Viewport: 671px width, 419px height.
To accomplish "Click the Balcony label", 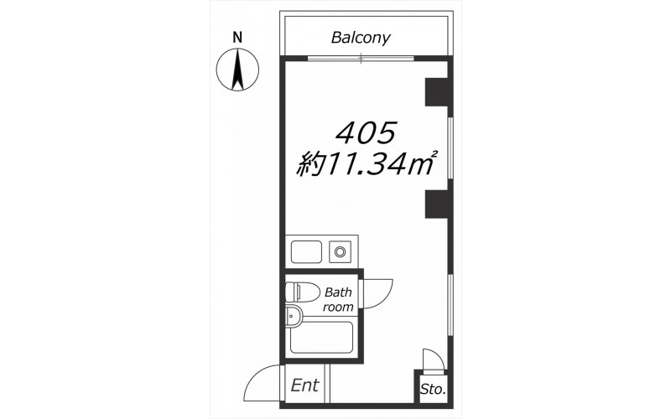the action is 361,38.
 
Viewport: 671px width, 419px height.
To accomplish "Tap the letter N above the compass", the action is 237,38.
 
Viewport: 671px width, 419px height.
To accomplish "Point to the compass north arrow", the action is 237,70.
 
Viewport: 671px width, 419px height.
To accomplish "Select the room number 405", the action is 365,132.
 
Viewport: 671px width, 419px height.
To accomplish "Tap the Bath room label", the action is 338,299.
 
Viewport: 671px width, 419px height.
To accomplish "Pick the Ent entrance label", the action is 304,385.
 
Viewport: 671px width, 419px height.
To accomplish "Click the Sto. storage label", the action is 433,390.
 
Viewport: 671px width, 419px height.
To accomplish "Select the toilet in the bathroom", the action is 302,292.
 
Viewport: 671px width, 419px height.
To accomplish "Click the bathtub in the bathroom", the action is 321,338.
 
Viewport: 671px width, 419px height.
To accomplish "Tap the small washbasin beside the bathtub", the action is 293,317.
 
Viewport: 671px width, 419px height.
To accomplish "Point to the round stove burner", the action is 340,252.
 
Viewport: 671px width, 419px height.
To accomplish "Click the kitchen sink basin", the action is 306,252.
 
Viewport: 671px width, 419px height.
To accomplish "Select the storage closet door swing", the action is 433,360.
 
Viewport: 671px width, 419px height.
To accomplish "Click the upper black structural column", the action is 436,92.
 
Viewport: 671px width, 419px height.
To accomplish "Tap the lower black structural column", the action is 436,204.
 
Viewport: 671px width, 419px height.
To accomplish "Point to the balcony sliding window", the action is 361,58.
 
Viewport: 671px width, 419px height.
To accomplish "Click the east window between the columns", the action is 450,148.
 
